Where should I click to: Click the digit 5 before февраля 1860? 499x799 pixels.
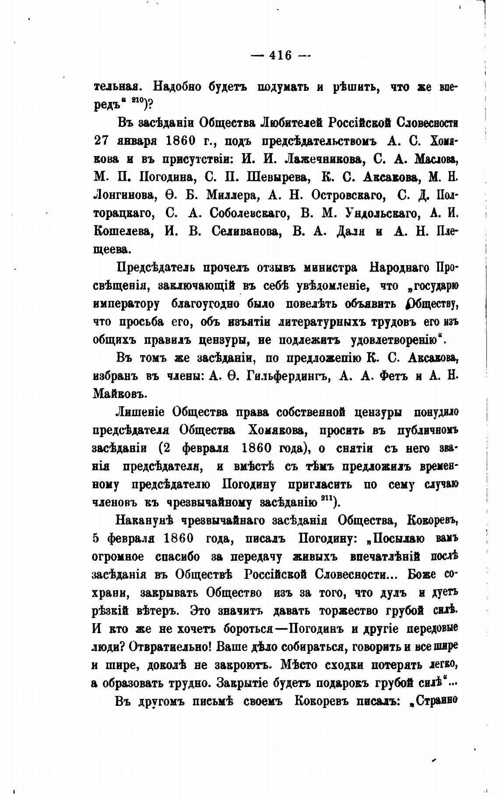[x=97, y=539]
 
